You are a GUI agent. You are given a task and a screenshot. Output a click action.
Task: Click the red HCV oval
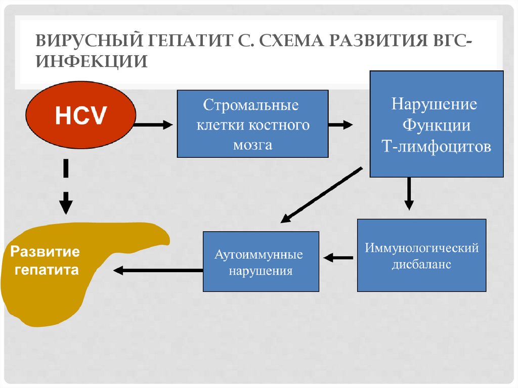[x=81, y=115]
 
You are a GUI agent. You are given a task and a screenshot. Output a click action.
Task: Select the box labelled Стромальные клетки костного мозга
[x=252, y=124]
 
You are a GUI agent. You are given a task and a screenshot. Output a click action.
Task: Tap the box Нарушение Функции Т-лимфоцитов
[x=436, y=124]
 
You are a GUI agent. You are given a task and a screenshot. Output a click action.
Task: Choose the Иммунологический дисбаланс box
[x=421, y=255]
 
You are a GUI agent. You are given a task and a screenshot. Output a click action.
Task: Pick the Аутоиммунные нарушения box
[x=261, y=262]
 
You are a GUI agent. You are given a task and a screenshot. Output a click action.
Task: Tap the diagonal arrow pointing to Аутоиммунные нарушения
[x=321, y=195]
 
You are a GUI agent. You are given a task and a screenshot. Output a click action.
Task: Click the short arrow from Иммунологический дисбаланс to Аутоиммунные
[x=338, y=258]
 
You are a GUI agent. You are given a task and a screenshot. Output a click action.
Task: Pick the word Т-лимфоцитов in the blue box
[x=436, y=147]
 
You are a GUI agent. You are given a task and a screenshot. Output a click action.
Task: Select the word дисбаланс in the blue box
[x=421, y=265]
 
